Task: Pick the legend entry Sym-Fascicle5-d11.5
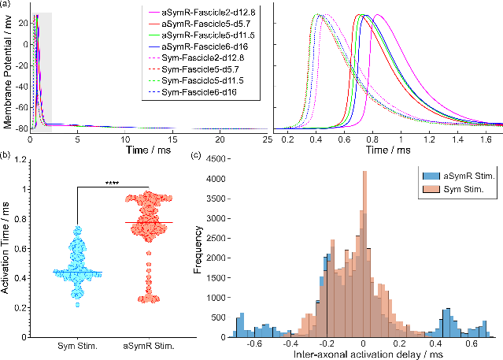tap(204, 82)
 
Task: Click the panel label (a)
tap(7, 6)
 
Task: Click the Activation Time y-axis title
tap(6, 247)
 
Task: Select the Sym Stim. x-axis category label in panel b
tap(77, 344)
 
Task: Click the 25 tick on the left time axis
tap(267, 139)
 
